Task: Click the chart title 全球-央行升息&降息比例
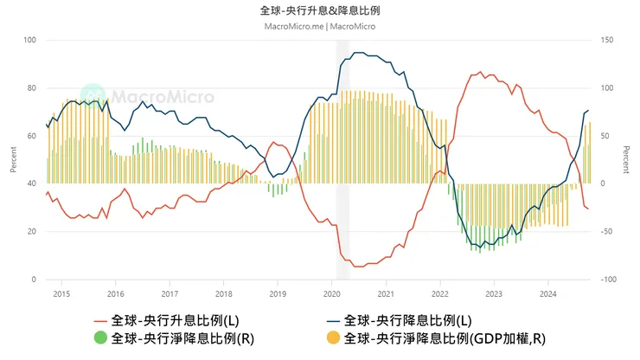[x=319, y=10]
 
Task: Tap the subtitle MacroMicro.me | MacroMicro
[x=319, y=26]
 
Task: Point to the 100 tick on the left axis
[x=30, y=40]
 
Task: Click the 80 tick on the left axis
[x=32, y=87]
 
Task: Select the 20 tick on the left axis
[x=32, y=231]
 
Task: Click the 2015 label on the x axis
[x=61, y=293]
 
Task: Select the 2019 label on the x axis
[x=278, y=293]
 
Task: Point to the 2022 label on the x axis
[x=439, y=293]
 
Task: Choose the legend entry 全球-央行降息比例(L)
[x=407, y=320]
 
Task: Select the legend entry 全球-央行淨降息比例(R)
[x=183, y=337]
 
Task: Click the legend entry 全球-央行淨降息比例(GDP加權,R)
[x=445, y=337]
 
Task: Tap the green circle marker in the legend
[x=99, y=337]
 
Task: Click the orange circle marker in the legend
[x=332, y=337]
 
